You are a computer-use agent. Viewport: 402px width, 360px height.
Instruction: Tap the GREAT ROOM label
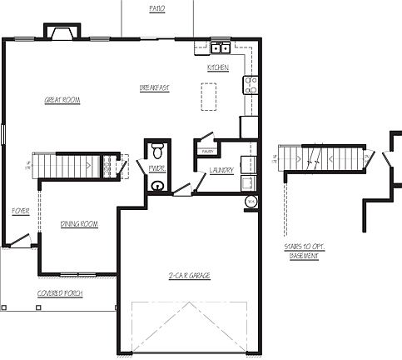point(61,100)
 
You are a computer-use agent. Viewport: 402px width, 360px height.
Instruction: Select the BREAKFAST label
point(155,87)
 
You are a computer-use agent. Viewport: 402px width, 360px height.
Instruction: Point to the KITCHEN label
point(218,67)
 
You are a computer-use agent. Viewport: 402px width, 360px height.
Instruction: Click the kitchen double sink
point(221,47)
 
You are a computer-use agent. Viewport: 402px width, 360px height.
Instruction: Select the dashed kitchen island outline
point(208,96)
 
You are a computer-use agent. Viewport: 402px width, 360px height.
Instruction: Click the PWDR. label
point(156,169)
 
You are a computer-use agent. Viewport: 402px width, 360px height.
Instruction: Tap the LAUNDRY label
point(221,170)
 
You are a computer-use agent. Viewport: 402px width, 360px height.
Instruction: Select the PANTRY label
point(205,151)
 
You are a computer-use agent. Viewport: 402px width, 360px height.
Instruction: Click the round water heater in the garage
point(251,202)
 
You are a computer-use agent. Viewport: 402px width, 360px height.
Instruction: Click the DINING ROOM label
point(80,223)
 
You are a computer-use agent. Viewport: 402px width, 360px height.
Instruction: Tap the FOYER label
point(21,212)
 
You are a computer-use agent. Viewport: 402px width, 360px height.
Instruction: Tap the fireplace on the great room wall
point(62,32)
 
